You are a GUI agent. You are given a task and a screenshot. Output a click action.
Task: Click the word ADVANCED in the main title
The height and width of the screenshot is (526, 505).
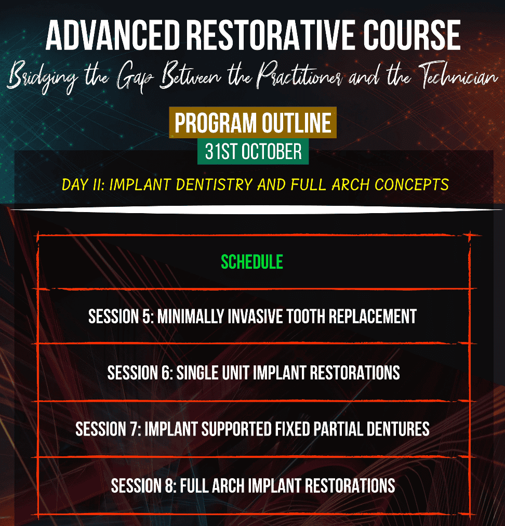[113, 35]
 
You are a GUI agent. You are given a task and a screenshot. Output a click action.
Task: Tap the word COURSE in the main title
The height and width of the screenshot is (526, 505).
[412, 35]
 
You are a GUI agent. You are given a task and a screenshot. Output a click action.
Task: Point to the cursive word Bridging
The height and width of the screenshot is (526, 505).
[43, 77]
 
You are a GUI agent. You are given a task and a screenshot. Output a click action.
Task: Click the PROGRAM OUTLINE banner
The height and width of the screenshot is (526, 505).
[253, 123]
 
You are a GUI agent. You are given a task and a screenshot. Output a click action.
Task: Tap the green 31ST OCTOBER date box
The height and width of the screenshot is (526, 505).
[253, 151]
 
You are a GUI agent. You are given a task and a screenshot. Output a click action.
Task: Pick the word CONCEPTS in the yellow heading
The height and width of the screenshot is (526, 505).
[411, 185]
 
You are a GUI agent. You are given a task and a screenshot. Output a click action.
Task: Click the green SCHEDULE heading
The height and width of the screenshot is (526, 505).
[252, 262]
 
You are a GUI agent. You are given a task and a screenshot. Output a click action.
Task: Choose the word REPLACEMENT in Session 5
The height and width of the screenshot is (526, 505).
[373, 317]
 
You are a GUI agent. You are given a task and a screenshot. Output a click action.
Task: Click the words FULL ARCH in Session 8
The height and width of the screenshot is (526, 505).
[212, 486]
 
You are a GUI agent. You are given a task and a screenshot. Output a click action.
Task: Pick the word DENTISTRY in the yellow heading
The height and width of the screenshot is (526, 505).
[214, 185]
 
